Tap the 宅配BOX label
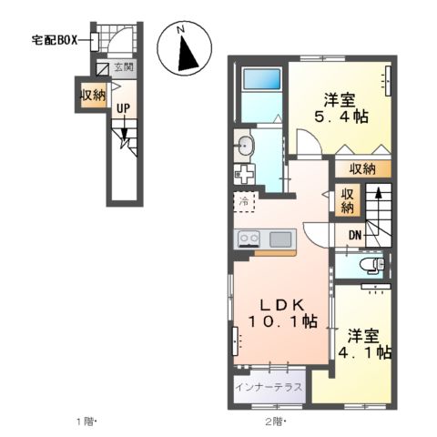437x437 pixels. pyautogui.click(x=55, y=40)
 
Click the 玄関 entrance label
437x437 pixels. pyautogui.click(x=124, y=67)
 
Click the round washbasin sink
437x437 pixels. pyautogui.click(x=244, y=144)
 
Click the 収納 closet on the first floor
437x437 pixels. pyautogui.click(x=92, y=94)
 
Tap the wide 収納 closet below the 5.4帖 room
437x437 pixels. pyautogui.click(x=361, y=168)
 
